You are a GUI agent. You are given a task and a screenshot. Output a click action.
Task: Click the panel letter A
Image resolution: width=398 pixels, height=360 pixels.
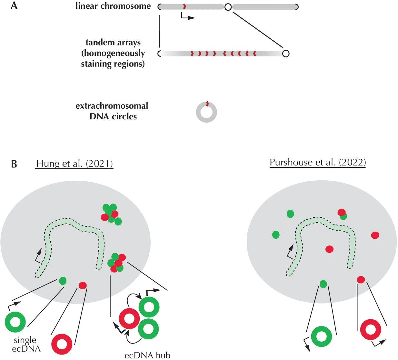14,5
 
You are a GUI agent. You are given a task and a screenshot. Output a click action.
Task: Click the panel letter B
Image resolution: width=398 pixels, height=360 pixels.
14,164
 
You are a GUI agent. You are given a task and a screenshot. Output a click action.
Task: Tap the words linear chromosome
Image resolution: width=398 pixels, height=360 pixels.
113,6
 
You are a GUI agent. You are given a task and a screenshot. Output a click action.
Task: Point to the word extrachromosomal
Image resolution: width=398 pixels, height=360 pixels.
112,106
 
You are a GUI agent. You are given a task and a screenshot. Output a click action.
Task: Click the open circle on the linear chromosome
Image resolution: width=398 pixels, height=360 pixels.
228,7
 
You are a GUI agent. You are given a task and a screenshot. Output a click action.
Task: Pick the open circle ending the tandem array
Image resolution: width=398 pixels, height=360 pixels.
285,54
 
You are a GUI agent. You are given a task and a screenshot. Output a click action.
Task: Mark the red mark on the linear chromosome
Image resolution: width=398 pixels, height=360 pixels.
184,6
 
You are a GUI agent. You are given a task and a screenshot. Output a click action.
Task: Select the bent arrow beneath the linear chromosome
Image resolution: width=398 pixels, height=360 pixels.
187,16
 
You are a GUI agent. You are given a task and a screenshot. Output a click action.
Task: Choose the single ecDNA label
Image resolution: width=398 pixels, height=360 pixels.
26,344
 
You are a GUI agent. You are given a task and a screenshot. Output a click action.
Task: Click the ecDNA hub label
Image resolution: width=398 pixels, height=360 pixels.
147,355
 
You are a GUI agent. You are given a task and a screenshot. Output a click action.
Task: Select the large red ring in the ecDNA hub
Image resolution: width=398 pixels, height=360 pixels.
129,318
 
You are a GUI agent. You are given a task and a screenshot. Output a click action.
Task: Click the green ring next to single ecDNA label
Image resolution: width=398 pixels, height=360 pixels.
15,322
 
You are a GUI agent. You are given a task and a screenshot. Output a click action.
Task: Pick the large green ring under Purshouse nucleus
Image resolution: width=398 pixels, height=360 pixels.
322,336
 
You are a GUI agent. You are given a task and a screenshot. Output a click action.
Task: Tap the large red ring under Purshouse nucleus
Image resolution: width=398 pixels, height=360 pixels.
371,330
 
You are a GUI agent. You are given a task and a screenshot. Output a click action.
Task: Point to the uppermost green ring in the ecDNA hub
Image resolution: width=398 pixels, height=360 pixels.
149,307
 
